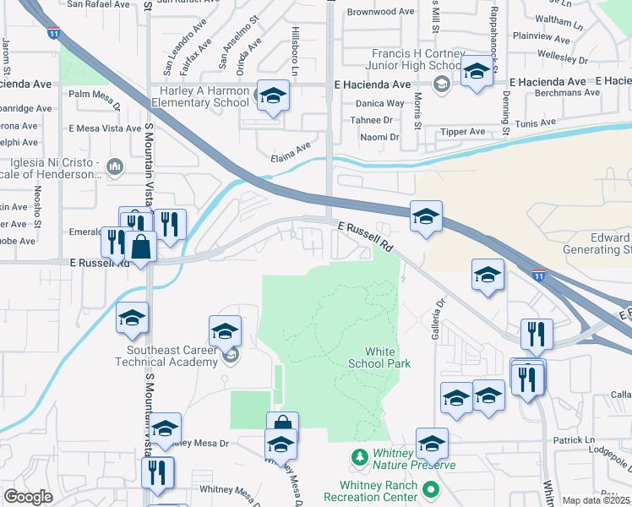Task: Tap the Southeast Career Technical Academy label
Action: [172, 356]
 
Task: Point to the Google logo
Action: [28, 497]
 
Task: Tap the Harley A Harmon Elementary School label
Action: [201, 96]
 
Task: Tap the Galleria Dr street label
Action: [439, 314]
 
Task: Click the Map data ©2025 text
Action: [596, 500]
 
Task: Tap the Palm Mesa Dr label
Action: [95, 95]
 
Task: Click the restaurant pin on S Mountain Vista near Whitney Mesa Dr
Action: [157, 474]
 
